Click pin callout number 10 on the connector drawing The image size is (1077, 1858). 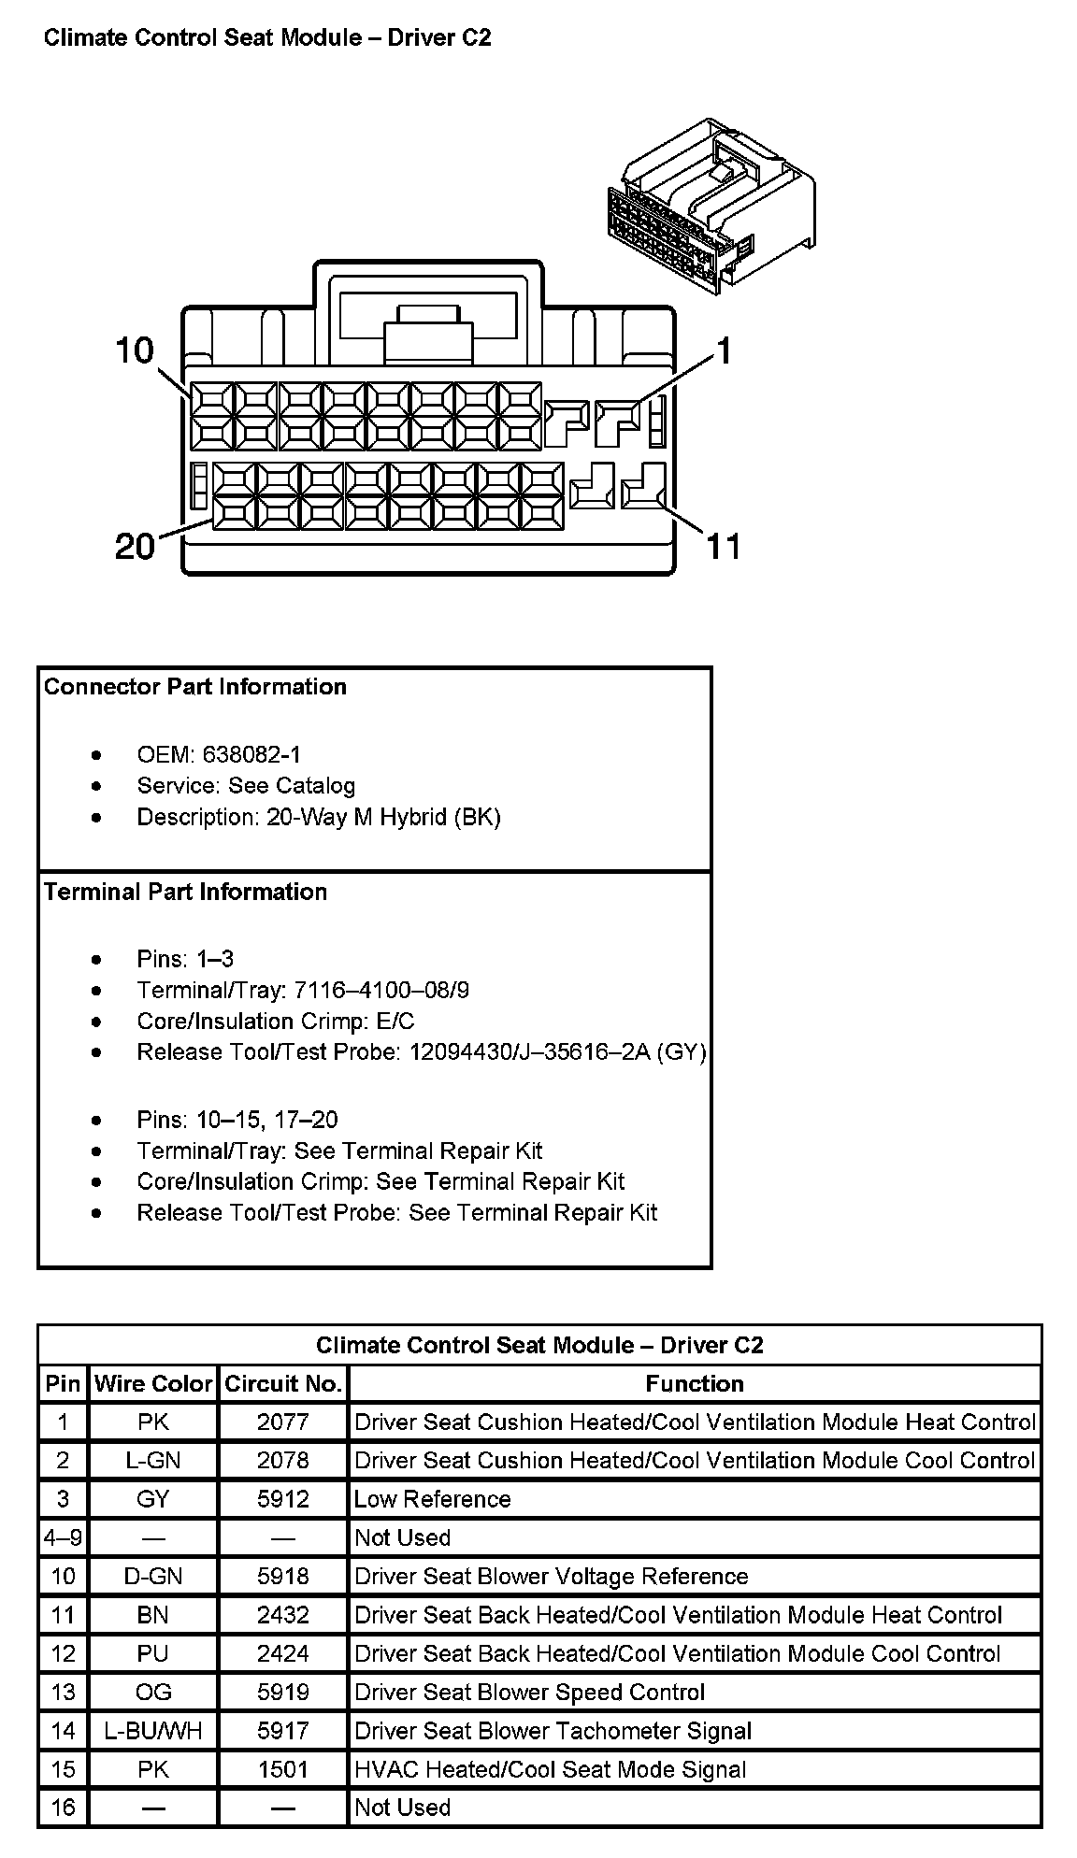134,350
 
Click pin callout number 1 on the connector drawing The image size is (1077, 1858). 723,350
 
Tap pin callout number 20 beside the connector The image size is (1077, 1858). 135,546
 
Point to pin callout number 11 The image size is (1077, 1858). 723,546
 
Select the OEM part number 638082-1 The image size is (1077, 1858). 251,754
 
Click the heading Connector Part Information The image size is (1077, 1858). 195,687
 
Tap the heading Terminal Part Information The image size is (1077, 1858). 186,892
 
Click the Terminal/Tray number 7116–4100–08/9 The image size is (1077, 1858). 381,990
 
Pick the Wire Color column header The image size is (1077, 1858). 153,1383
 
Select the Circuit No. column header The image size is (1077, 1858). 283,1383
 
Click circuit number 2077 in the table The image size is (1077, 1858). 282,1422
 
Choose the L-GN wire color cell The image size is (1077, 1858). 153,1461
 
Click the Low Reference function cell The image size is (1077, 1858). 433,1499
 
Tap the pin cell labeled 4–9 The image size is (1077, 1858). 63,1537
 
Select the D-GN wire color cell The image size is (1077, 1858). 153,1577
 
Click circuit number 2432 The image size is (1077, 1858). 282,1615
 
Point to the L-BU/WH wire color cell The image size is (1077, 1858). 153,1731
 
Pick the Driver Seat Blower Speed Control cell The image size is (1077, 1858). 530,1693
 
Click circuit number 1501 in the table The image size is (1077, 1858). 282,1769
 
